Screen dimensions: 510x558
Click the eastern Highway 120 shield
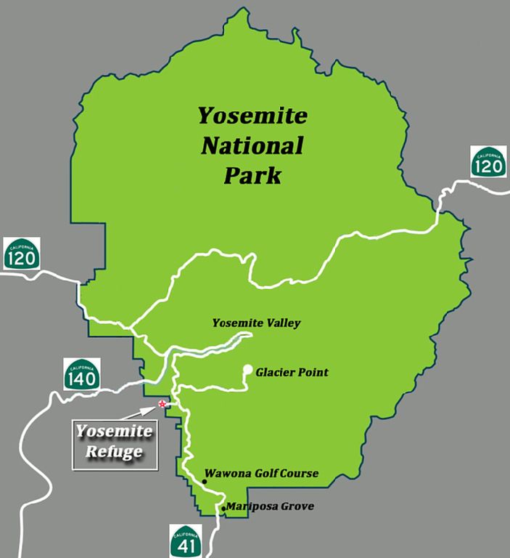tap(488, 162)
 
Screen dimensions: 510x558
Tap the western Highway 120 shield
tap(22, 253)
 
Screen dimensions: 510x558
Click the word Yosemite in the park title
tap(253, 116)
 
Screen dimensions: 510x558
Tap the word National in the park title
tap(252, 145)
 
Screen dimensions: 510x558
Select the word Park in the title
tap(252, 176)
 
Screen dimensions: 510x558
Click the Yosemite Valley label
tap(256, 323)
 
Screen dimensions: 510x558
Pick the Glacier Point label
tap(292, 373)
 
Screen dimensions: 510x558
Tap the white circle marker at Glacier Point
tap(247, 369)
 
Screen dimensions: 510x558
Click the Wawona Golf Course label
tap(262, 474)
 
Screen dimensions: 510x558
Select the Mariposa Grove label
tap(270, 506)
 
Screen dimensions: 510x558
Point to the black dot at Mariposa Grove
tap(223, 509)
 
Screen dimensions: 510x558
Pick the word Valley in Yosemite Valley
tap(282, 323)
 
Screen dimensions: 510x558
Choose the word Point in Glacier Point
tap(313, 373)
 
